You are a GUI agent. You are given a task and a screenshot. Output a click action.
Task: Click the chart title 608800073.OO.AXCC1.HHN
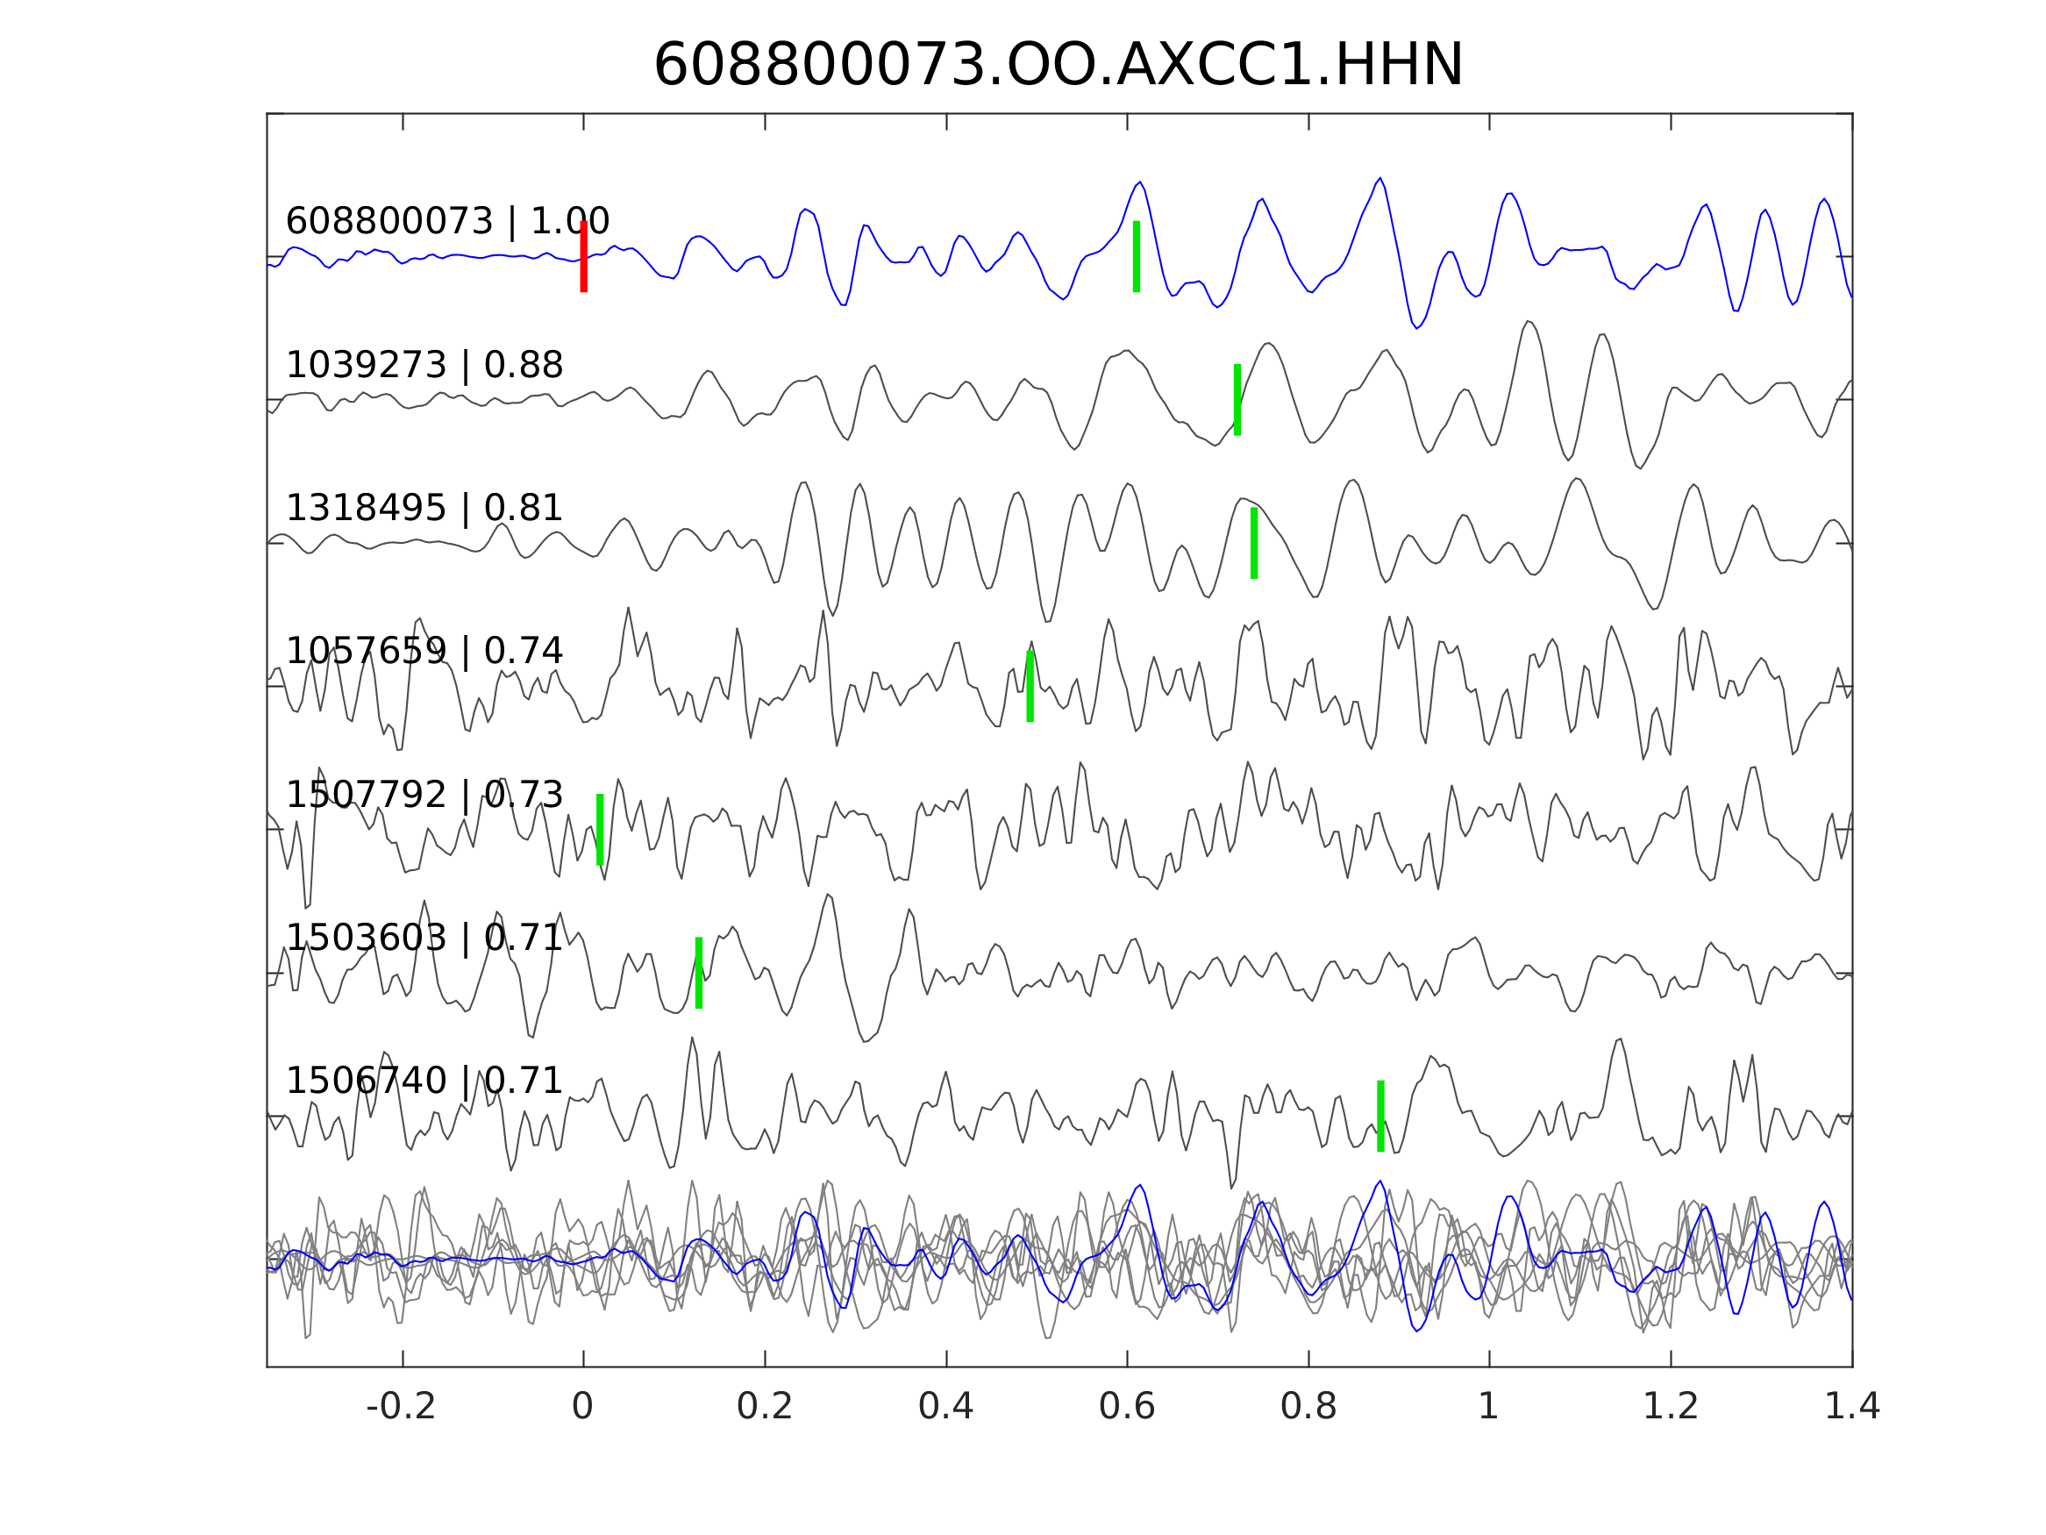pos(1059,66)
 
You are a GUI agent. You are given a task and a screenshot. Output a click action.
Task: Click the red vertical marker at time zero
pos(584,256)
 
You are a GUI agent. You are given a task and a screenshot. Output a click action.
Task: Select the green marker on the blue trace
pos(1136,256)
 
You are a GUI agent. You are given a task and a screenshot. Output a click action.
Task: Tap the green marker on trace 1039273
pos(1237,400)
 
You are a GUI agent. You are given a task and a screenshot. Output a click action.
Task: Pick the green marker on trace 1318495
pos(1253,543)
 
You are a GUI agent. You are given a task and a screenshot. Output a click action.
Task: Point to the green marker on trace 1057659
pos(1030,687)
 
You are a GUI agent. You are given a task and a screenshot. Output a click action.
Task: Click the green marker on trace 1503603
pos(698,974)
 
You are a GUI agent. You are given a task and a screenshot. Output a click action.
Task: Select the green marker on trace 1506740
pos(1380,1117)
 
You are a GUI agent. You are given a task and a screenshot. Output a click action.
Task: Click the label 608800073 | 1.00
pos(447,222)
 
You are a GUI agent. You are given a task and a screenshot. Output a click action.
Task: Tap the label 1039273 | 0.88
pos(424,366)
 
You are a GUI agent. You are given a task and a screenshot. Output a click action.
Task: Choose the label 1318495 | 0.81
pos(424,508)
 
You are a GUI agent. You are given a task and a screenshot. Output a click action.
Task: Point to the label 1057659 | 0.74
pos(424,652)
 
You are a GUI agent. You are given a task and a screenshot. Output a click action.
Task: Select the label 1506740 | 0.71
pos(424,1081)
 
